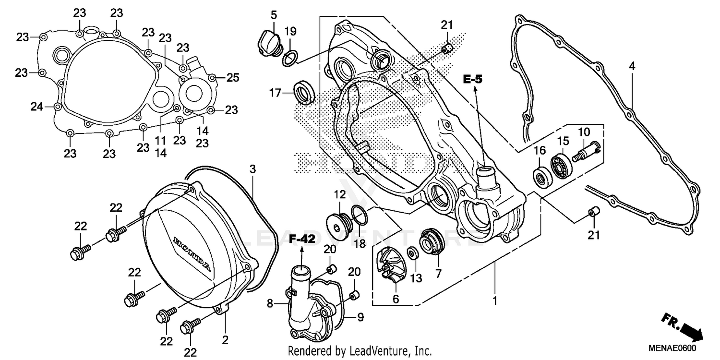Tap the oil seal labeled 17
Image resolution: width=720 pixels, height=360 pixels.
point(304,92)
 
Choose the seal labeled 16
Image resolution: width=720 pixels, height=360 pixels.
point(542,177)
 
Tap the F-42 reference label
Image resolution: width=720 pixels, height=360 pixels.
point(302,239)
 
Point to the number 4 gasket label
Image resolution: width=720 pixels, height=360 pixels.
point(632,66)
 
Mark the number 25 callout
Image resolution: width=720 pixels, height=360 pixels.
point(232,77)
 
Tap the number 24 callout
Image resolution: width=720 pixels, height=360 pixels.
point(36,107)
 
